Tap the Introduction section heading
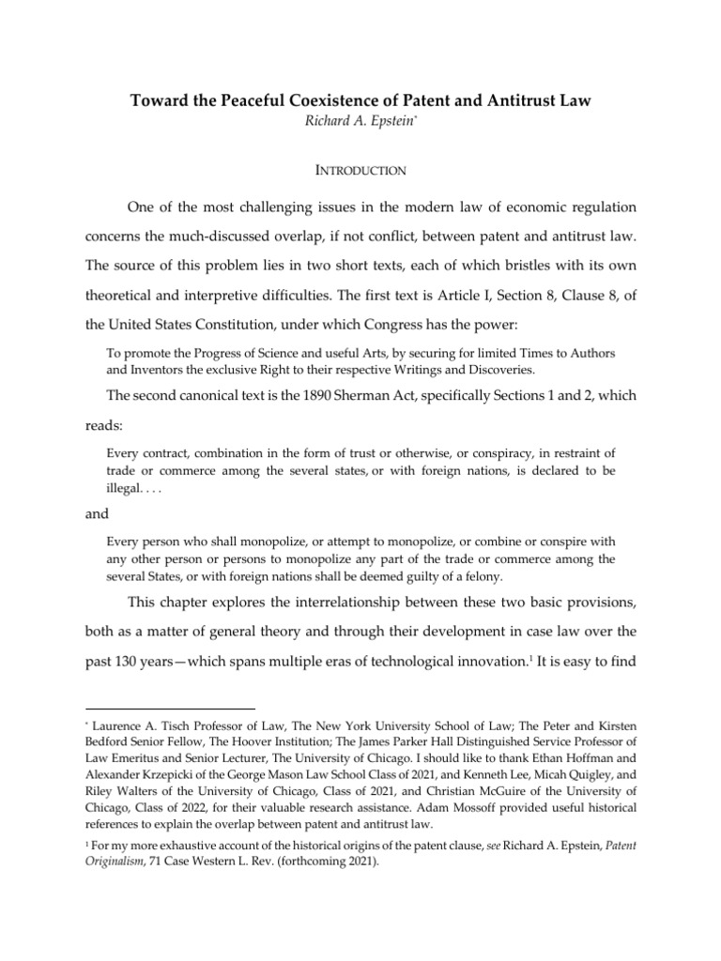(x=360, y=171)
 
